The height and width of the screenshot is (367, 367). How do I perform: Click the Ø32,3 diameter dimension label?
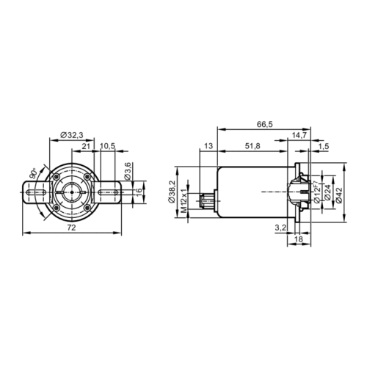72,135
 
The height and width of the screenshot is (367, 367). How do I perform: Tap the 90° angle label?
35,175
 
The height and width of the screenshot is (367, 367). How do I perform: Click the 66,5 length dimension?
266,126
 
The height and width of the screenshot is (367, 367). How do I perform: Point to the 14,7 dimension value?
299,136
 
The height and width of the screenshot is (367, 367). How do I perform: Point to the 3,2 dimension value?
280,228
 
